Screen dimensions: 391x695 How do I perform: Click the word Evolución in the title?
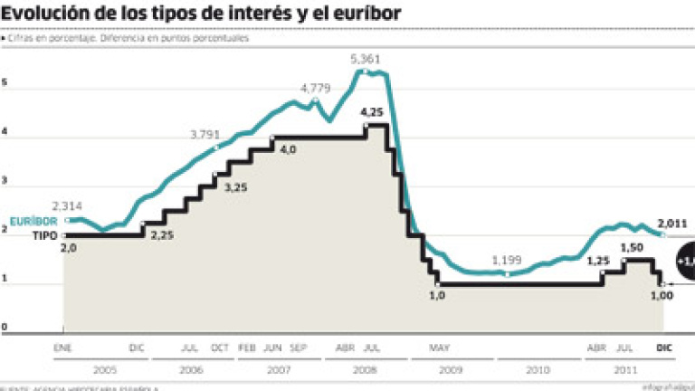48,14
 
